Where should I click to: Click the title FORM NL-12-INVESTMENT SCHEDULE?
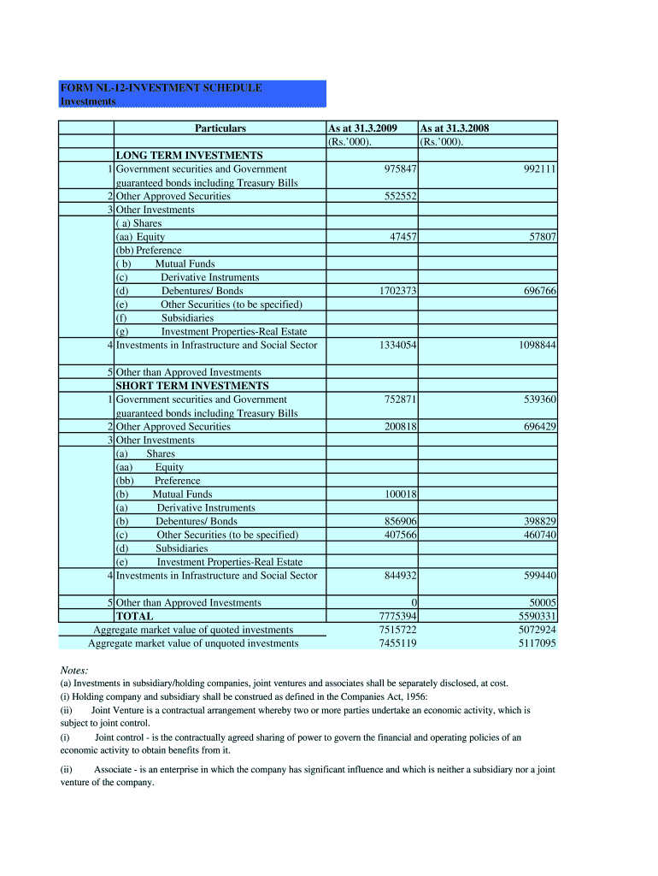pos(161,88)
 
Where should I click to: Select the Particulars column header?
pos(220,128)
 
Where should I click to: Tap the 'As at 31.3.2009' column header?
pos(363,128)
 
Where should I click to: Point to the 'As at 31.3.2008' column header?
pos(455,128)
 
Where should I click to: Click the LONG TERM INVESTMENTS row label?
pos(189,156)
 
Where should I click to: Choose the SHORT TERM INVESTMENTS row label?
pos(192,386)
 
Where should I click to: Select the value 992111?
pos(538,169)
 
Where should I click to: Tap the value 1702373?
pos(394,291)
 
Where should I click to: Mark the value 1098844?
pos(534,345)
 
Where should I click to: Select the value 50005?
pos(540,603)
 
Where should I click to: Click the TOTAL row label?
pos(135,616)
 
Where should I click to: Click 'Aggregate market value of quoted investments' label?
pos(192,630)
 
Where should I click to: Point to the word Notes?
pos(74,670)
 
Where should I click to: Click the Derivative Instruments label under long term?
pos(209,277)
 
